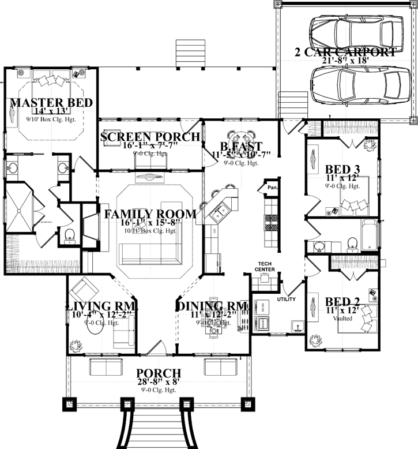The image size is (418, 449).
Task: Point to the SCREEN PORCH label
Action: tap(150, 137)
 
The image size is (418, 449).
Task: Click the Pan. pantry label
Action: tap(272, 188)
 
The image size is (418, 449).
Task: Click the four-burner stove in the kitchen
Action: tap(270, 223)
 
